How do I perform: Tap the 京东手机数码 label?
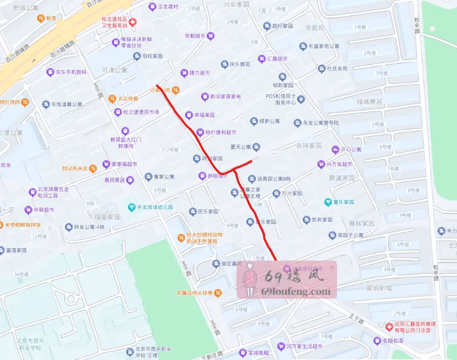pos(71,73)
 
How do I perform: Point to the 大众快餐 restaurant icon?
pos(113,98)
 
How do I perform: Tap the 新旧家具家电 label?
pos(225,97)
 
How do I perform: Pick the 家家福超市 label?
pos(125,165)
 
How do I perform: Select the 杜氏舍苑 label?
pos(337,69)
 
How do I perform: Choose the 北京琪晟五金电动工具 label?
pos(53,193)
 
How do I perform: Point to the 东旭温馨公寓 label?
pos(66,105)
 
